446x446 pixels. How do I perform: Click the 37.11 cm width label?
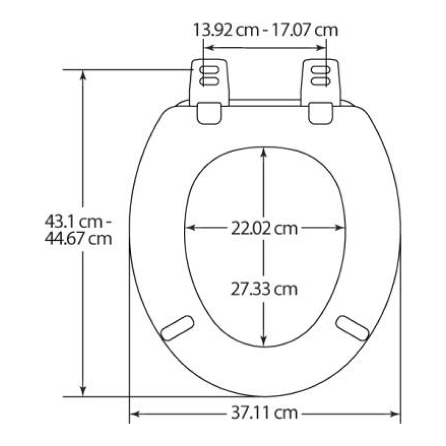pos(264,413)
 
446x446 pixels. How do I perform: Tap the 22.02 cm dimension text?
pos(264,228)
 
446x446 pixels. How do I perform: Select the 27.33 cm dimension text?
pos(264,289)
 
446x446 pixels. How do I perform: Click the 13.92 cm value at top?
pos(226,30)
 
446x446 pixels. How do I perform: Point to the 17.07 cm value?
pos(305,30)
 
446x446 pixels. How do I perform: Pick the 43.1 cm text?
pos(74,221)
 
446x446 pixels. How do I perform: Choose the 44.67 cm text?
pos(78,239)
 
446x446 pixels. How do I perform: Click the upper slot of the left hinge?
pos(209,70)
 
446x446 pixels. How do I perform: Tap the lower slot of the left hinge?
pos(209,82)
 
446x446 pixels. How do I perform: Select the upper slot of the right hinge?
pos(321,70)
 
